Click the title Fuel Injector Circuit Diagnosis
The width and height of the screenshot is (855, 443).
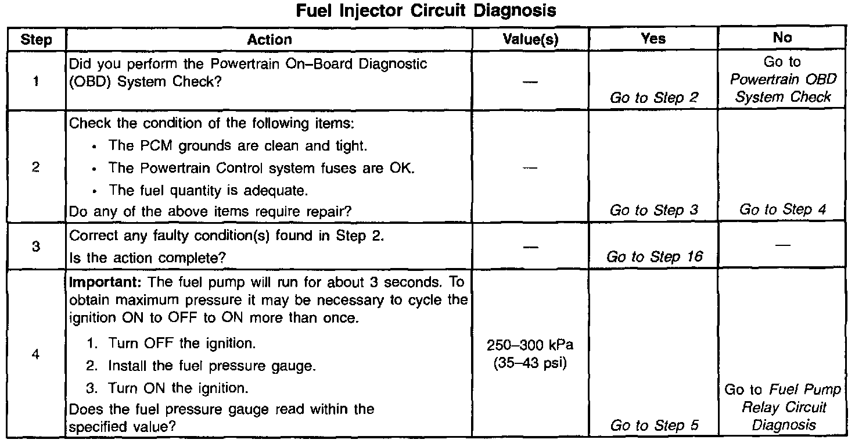(x=426, y=11)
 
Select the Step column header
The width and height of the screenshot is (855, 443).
(x=36, y=40)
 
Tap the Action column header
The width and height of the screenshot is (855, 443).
(x=270, y=40)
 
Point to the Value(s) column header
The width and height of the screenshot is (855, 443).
(x=530, y=40)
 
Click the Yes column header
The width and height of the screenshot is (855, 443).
(x=653, y=38)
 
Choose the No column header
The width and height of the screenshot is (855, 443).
(x=782, y=38)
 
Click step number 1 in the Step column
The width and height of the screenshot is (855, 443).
(x=36, y=81)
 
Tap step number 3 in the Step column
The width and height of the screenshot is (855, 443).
(x=36, y=246)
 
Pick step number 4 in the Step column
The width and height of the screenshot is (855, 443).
(x=36, y=355)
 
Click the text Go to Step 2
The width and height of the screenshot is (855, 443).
(x=653, y=98)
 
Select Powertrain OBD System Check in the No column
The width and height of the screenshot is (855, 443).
(x=782, y=88)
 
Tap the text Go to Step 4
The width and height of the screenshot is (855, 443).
(x=782, y=210)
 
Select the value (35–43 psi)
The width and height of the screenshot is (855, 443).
(x=530, y=365)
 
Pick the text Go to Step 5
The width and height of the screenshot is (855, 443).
(x=653, y=426)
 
